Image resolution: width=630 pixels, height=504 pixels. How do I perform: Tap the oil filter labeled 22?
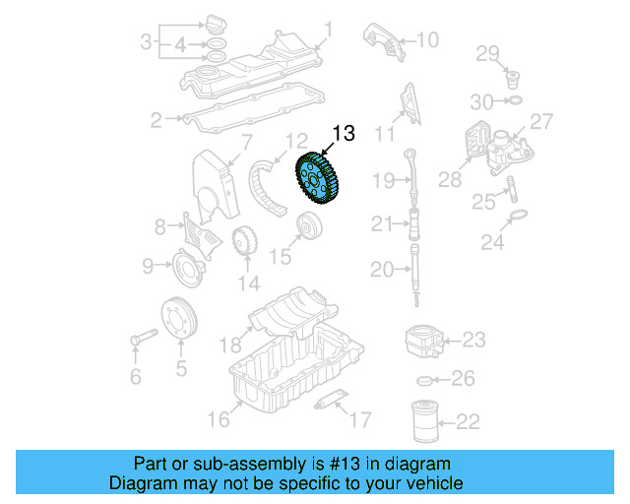(x=424, y=421)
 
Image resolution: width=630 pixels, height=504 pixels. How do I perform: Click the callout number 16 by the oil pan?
(x=218, y=419)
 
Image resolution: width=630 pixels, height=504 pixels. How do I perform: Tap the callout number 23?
(x=473, y=341)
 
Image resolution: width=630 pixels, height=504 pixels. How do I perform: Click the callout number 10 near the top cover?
(x=425, y=40)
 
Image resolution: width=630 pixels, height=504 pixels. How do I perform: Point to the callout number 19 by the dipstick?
(x=383, y=179)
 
